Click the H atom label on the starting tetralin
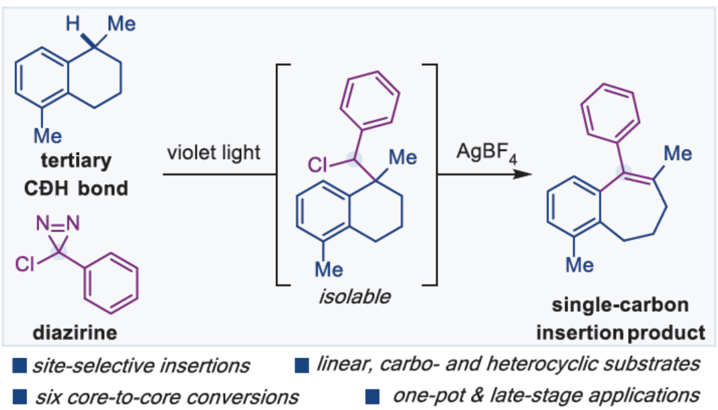coord(71,24)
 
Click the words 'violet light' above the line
coord(214,153)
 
